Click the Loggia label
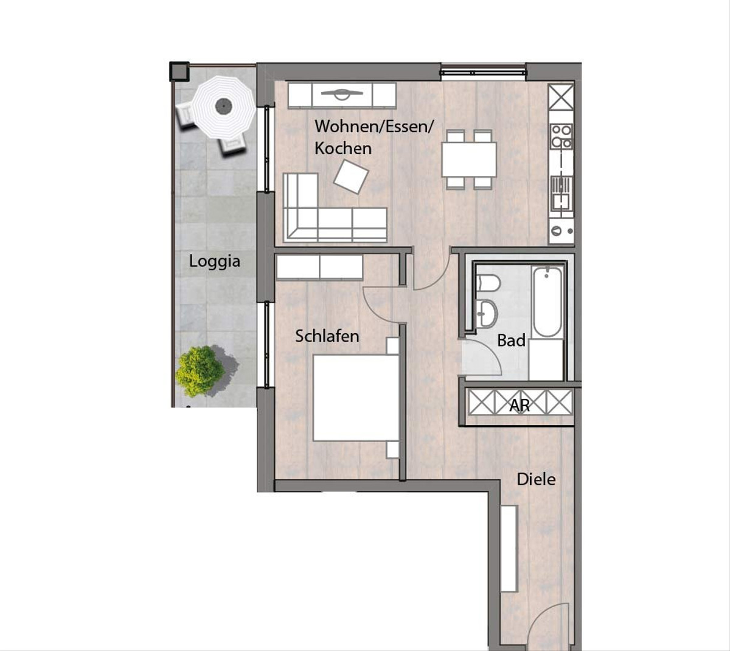[214, 261]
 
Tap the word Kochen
[343, 148]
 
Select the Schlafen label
[327, 336]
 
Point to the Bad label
[511, 340]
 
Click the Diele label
[536, 479]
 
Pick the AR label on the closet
[520, 406]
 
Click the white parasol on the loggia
[223, 107]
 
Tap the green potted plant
[200, 371]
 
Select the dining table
[469, 159]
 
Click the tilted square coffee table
[351, 177]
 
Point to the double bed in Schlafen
[355, 398]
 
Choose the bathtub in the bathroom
[547, 302]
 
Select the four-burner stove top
[561, 136]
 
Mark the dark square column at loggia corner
[179, 71]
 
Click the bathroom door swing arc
[487, 351]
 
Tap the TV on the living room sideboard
[342, 94]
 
